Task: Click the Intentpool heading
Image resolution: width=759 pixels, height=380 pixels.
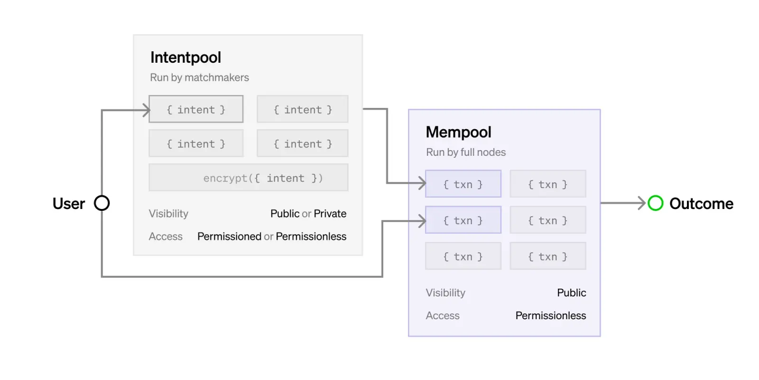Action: (x=185, y=57)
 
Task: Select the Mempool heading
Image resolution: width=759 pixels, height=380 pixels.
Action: (x=458, y=132)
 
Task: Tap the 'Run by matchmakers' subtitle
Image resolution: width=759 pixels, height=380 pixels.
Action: (x=199, y=77)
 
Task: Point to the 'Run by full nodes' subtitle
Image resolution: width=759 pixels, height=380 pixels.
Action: (x=465, y=152)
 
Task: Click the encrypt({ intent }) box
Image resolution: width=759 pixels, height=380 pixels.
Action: (x=249, y=178)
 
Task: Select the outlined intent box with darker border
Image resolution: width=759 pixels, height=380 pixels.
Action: (x=196, y=109)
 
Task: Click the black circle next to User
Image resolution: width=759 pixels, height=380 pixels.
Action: (x=102, y=203)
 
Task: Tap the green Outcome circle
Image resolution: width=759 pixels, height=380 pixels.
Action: (x=655, y=203)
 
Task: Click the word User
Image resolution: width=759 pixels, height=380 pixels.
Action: (x=69, y=204)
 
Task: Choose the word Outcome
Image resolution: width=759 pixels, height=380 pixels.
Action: (x=702, y=204)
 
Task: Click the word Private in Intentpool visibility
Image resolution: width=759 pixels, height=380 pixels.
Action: (x=330, y=213)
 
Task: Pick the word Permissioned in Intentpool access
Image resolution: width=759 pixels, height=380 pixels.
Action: (x=229, y=236)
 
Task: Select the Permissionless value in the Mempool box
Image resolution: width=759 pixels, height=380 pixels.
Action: (x=551, y=315)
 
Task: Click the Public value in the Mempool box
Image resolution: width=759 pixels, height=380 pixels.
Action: (x=572, y=293)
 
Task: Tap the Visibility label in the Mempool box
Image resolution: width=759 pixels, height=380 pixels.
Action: (x=445, y=293)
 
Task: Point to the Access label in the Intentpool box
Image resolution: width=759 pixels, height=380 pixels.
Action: (x=166, y=236)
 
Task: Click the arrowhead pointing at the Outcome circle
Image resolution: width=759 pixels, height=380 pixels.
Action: (x=642, y=203)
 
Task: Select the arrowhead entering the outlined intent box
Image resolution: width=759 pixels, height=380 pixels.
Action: (x=147, y=110)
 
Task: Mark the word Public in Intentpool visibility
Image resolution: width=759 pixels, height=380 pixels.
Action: (x=285, y=213)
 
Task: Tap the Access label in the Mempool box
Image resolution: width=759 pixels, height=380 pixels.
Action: (x=443, y=315)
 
